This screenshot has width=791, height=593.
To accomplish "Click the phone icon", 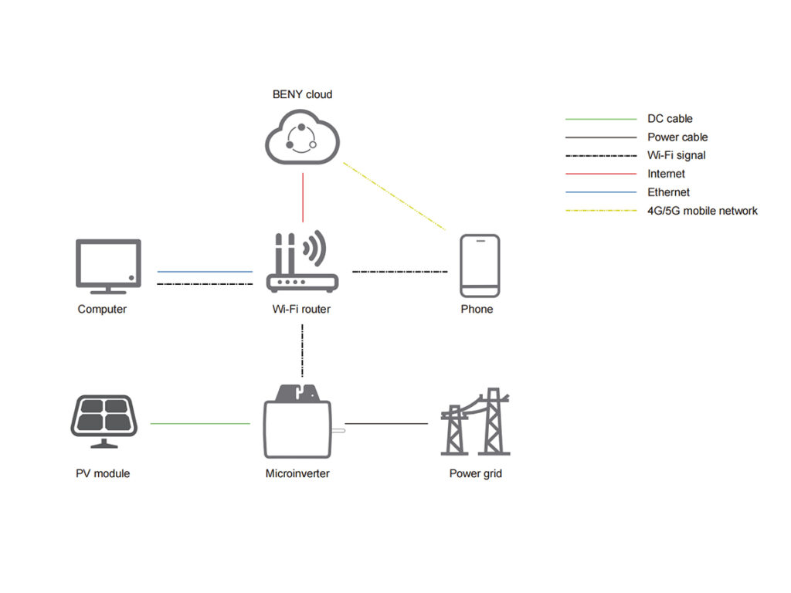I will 480,266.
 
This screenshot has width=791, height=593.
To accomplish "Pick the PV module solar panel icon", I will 104,421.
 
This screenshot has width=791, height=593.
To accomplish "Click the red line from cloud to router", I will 303,198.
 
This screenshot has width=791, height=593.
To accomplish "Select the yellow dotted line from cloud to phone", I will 394,196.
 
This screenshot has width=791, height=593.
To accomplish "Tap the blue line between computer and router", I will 205,272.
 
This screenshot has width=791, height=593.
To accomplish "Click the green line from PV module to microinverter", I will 200,423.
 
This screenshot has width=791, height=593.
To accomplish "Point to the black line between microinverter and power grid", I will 386,423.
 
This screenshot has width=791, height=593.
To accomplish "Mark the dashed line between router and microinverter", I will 302,351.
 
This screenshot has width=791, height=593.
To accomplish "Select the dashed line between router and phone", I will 399,272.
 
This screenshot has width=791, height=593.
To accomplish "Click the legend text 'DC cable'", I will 670,119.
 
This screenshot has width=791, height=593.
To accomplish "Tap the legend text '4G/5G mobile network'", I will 702,211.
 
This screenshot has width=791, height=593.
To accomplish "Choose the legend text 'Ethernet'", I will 668,192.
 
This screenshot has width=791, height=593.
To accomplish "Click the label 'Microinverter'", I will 297,473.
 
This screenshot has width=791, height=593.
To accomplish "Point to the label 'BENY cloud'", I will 302,94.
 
